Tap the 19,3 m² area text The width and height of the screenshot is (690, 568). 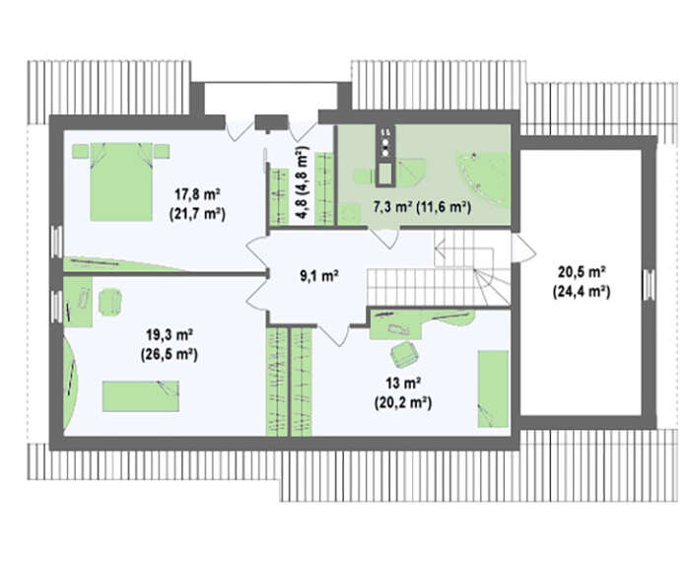[x=170, y=334]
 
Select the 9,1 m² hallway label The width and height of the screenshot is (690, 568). [x=319, y=276]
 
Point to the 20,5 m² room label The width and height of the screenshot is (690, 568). [x=582, y=271]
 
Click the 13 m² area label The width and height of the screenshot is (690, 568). [x=402, y=383]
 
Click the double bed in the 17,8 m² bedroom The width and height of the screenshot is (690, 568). [x=121, y=181]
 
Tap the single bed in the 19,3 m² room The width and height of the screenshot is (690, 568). [x=141, y=396]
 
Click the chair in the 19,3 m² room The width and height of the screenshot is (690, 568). [x=110, y=302]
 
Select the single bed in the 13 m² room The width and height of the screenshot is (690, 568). [x=493, y=389]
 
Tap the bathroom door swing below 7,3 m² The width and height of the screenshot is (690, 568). [x=383, y=238]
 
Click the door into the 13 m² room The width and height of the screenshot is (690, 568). [x=334, y=334]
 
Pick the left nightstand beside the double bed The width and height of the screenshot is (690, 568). [x=81, y=151]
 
